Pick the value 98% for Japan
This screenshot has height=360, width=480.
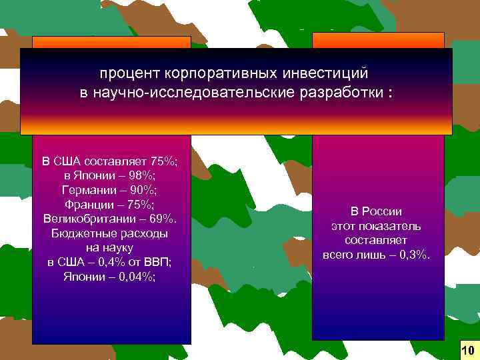(141, 175)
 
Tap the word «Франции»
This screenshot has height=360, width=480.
(90, 204)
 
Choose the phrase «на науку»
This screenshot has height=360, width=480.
(110, 247)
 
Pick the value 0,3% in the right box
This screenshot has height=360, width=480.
(413, 255)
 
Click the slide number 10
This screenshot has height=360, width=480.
(467, 350)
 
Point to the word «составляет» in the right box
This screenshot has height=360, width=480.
(377, 240)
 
